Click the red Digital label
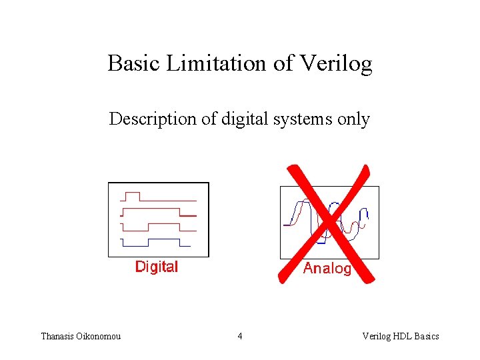pyautogui.click(x=157, y=267)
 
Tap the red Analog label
pyautogui.click(x=327, y=269)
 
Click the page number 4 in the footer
pyautogui.click(x=240, y=336)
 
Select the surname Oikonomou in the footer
pyautogui.click(x=101, y=336)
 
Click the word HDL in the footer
pyautogui.click(x=402, y=336)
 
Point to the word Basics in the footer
pyautogui.click(x=427, y=336)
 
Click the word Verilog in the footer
pyautogui.click(x=375, y=336)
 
